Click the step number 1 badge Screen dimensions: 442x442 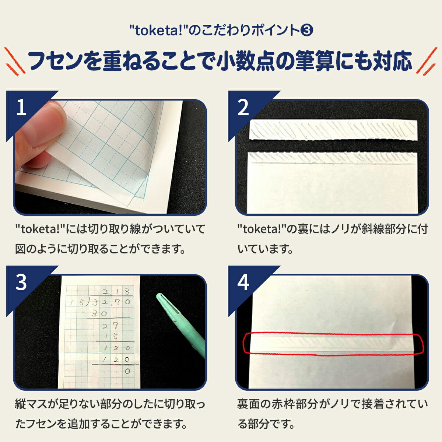21,108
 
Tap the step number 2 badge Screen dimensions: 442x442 243,108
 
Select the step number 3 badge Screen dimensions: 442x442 21,283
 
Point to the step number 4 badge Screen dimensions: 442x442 243,283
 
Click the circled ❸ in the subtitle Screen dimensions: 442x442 307,30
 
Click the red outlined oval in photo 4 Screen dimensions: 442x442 333,344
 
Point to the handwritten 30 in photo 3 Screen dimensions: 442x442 99,314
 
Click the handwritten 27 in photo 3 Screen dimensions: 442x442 110,325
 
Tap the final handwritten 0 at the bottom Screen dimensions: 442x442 127,371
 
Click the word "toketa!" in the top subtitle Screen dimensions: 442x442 158,30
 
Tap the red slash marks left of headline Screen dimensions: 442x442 15,60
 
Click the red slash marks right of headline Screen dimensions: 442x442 426,61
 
